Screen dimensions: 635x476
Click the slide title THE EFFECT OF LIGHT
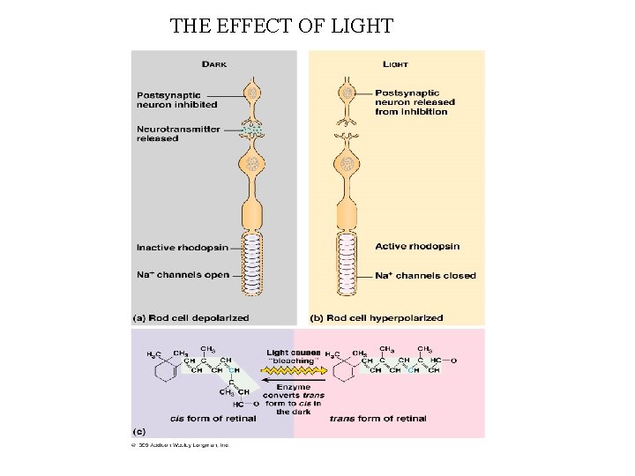click(x=281, y=26)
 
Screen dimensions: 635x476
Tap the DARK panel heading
click(x=214, y=63)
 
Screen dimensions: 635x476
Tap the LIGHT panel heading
click(x=395, y=63)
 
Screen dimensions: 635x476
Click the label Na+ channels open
click(x=183, y=275)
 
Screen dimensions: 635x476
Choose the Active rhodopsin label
click(x=417, y=246)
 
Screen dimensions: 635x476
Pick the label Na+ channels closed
click(x=425, y=276)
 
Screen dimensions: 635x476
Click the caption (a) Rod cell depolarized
click(x=190, y=317)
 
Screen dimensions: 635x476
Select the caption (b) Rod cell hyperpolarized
click(x=377, y=317)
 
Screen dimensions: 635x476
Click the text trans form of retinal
click(x=377, y=419)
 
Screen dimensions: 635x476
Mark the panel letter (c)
click(x=139, y=431)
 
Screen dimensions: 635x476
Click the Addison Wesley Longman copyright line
click(x=181, y=445)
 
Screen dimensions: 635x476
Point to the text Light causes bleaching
click(x=293, y=357)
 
